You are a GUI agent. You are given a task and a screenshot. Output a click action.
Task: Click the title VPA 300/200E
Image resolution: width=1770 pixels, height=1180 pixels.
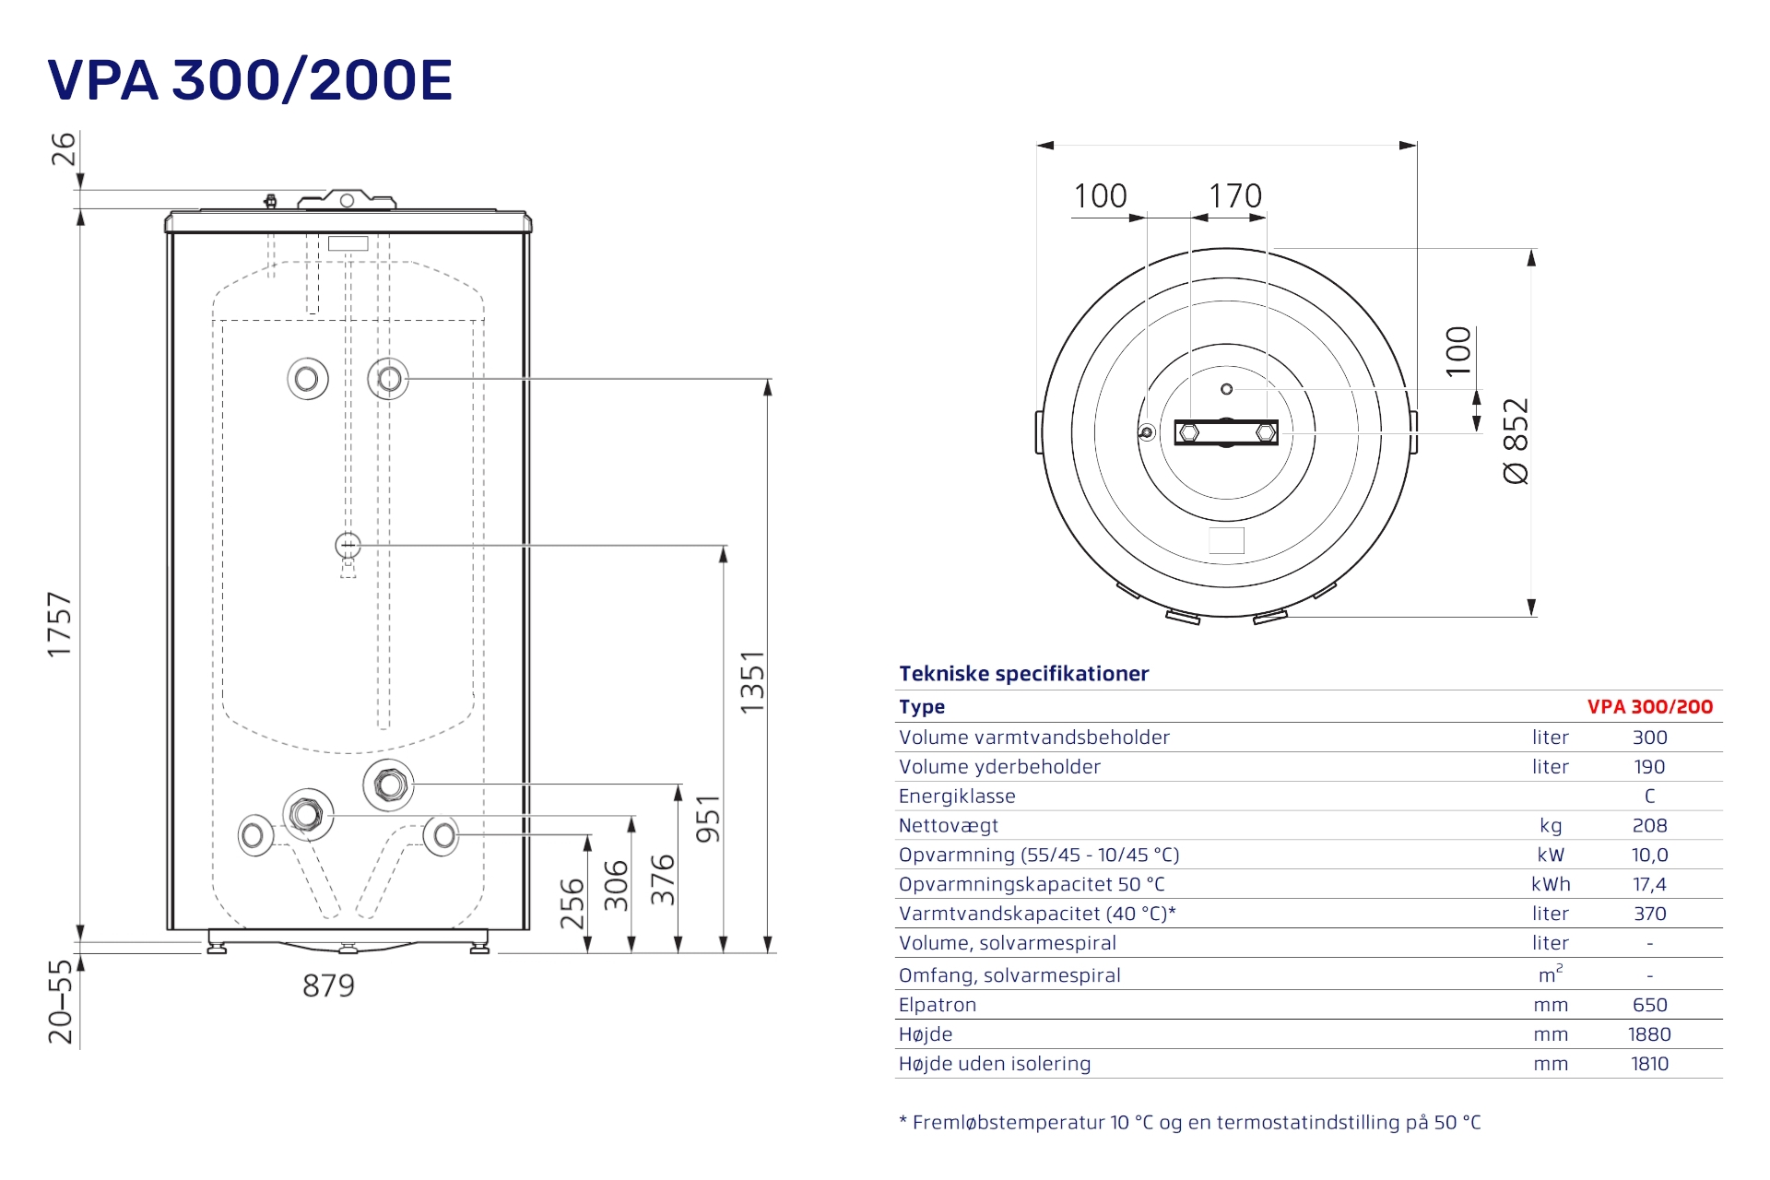(x=250, y=79)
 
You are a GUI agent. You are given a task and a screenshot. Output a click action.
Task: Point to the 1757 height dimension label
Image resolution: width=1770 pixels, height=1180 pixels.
(x=59, y=625)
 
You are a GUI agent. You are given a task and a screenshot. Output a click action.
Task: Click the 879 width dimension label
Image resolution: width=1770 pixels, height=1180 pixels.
(x=328, y=985)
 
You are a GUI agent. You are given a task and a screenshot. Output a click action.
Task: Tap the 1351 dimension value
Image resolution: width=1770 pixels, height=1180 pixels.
(x=752, y=681)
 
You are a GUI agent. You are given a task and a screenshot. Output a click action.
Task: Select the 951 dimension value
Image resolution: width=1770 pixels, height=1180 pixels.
(x=707, y=819)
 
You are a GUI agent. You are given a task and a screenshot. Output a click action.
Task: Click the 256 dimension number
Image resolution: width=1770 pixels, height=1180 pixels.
(x=572, y=903)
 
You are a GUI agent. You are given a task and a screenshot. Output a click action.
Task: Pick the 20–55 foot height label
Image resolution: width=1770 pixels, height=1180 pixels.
(x=60, y=1001)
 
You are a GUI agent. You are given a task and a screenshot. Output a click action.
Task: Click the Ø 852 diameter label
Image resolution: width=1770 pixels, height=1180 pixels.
(x=1516, y=441)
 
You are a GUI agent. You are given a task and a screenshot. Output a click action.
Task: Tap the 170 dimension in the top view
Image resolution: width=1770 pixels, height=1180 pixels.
(x=1235, y=195)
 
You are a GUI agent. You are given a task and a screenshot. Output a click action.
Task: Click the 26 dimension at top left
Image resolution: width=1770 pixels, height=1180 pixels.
(x=63, y=148)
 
